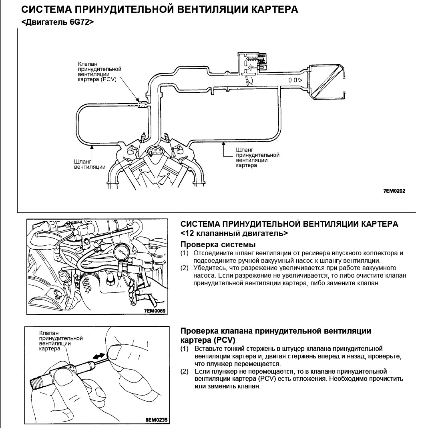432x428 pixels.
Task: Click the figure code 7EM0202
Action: (x=394, y=191)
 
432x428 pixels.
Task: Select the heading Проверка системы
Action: (x=218, y=244)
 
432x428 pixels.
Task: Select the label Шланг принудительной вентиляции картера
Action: (x=257, y=157)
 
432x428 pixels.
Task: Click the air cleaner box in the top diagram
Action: (x=327, y=82)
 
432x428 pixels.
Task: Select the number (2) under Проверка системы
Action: (x=184, y=268)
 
